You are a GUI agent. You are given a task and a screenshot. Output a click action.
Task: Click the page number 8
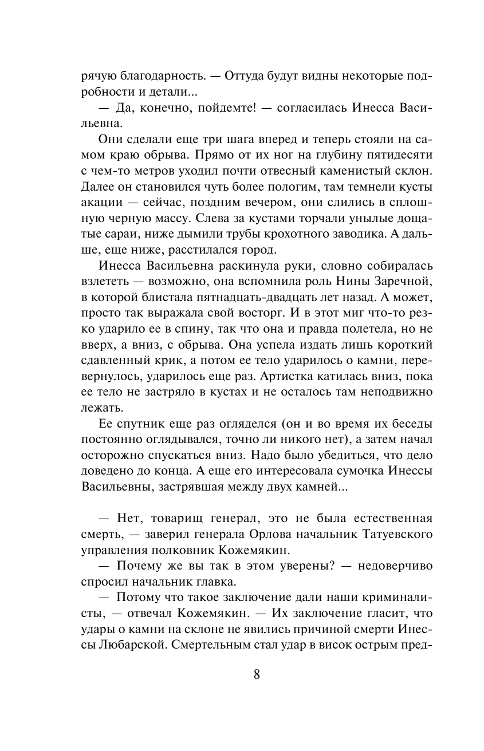tap(257, 674)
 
